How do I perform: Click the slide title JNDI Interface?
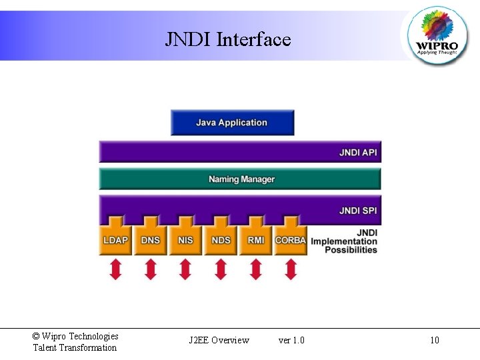pos(228,40)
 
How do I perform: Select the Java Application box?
pos(232,123)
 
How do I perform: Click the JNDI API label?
pos(358,153)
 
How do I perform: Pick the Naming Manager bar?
pos(241,179)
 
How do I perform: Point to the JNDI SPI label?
pos(358,211)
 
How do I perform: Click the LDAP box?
pos(116,240)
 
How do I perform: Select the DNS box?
pos(151,240)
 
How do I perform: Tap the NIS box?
pos(185,240)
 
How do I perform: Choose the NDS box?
pos(221,240)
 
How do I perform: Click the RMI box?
pos(256,240)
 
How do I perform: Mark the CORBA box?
pos(291,240)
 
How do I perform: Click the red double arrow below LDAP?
pos(116,269)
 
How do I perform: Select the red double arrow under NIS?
pos(185,269)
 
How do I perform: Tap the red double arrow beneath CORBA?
pos(291,269)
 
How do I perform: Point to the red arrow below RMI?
pos(256,269)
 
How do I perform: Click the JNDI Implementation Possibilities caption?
pos(345,241)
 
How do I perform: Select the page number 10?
pos(435,341)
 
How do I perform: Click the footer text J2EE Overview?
pos(219,341)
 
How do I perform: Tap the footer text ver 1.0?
pos(291,341)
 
